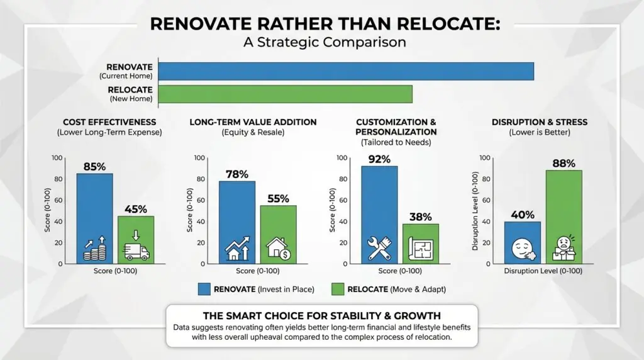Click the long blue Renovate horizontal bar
click(346, 71)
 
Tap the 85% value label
click(94, 167)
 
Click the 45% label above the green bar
click(135, 209)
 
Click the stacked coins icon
click(94, 250)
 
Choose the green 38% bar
click(421, 243)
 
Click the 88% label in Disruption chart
click(563, 164)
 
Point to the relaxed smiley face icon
click(522, 247)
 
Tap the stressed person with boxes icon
click(563, 248)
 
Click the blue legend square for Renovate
click(204, 289)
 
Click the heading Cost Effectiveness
click(109, 121)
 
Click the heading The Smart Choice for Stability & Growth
click(322, 315)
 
